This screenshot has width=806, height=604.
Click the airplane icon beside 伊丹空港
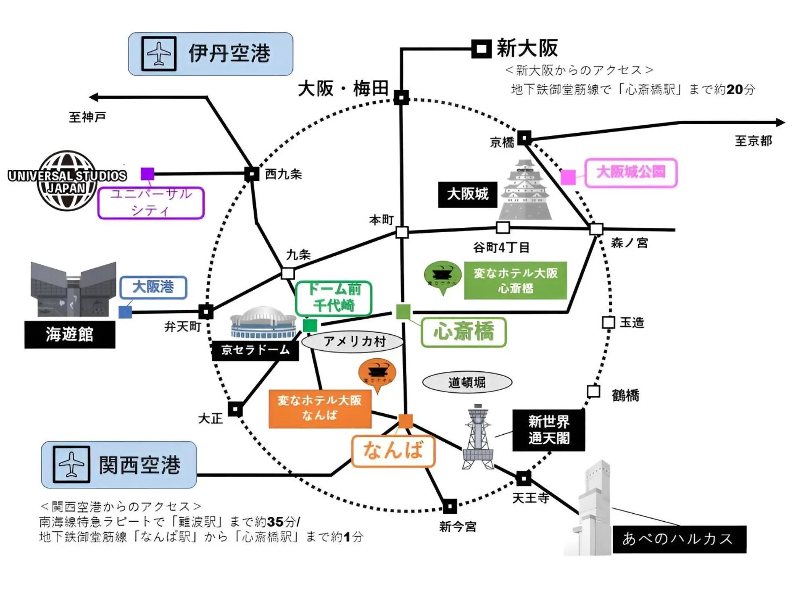[x=159, y=54]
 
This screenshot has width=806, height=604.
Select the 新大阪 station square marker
[x=481, y=49]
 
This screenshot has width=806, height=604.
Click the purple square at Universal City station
[x=148, y=174]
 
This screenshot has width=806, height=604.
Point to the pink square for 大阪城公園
[x=568, y=177]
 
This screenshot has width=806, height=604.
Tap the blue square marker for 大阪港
[x=125, y=312]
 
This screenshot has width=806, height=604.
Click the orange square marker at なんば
[x=405, y=421]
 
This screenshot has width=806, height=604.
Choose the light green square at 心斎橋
[x=403, y=312]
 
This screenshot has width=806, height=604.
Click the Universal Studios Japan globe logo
[x=67, y=181]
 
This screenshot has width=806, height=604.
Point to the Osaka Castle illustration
[x=525, y=190]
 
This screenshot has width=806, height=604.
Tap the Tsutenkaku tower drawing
[x=478, y=437]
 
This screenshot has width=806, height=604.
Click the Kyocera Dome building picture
[x=263, y=322]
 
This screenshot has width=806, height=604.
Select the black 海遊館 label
[x=70, y=334]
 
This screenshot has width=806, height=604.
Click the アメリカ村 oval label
[x=353, y=342]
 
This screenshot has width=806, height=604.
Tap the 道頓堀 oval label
[x=467, y=382]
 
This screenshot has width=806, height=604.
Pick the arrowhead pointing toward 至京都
[x=781, y=122]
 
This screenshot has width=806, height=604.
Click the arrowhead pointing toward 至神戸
[x=94, y=97]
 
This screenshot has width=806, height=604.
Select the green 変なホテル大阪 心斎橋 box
[x=515, y=281]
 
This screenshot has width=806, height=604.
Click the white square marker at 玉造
[x=608, y=322]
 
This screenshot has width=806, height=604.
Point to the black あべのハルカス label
[x=679, y=539]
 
